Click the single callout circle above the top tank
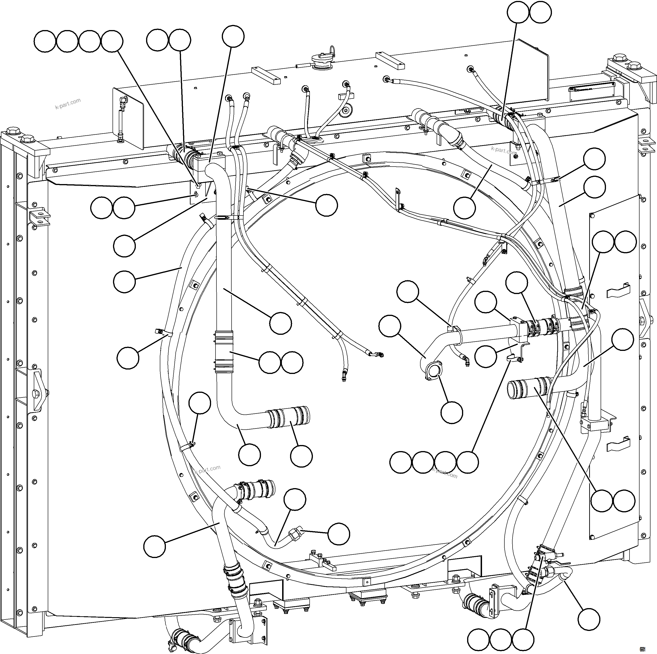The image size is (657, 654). point(233,36)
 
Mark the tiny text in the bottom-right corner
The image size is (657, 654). point(642,649)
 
